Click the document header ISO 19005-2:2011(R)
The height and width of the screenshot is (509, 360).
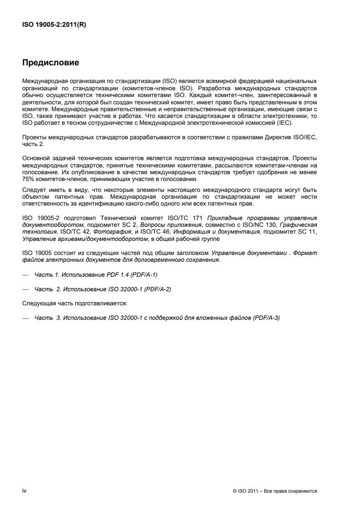click(x=54, y=25)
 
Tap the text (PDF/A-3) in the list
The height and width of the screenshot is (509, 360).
click(x=267, y=318)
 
